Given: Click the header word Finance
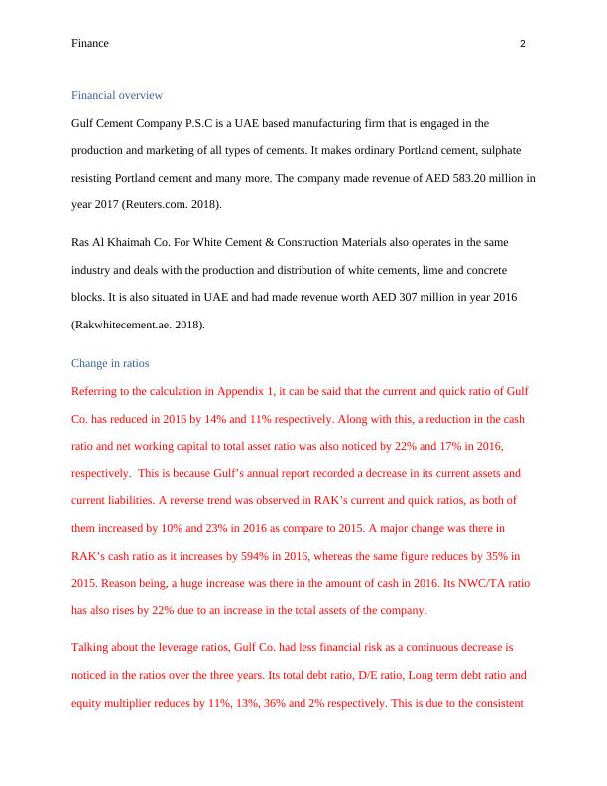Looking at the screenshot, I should pyautogui.click(x=90, y=44).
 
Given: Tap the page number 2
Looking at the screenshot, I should pyautogui.click(x=522, y=44).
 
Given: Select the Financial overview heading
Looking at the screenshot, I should pyautogui.click(x=117, y=95).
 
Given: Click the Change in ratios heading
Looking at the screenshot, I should pyautogui.click(x=110, y=363).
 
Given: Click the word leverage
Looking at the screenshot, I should pyautogui.click(x=192, y=647).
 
